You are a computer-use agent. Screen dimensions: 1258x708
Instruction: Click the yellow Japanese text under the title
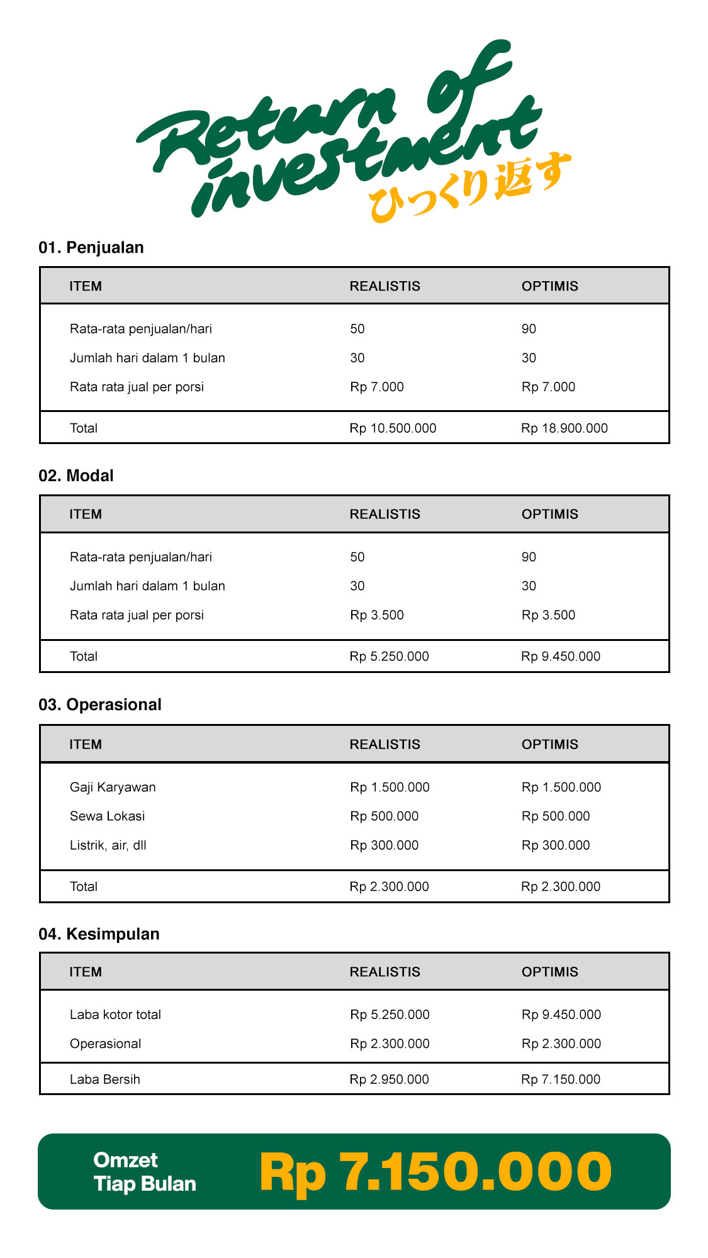469,189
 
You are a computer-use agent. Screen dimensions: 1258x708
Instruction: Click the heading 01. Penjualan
91,248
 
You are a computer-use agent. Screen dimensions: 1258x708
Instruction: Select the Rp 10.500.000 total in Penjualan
393,428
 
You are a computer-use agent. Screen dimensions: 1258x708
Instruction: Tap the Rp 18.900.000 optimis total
565,428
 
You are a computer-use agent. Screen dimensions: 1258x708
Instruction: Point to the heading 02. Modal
76,476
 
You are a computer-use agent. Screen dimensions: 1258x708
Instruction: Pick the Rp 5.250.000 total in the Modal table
389,657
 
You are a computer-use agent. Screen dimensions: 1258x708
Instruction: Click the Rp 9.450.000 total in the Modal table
561,657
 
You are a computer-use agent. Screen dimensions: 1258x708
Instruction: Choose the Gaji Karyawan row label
113,788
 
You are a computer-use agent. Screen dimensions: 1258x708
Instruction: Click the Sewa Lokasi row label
108,816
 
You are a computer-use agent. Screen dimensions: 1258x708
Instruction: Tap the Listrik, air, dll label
108,845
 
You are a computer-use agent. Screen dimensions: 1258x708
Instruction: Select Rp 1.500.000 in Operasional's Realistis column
390,788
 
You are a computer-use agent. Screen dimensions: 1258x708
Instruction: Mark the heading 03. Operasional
100,705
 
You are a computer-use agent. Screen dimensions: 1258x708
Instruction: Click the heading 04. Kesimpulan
99,934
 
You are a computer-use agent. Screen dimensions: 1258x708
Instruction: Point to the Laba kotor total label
115,1015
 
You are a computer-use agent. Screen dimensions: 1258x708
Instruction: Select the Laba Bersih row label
105,1079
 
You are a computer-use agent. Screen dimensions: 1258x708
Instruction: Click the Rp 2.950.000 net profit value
389,1079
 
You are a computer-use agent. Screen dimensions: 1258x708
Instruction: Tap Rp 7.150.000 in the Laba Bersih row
561,1079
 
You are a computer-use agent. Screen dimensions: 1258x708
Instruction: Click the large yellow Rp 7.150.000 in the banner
435,1172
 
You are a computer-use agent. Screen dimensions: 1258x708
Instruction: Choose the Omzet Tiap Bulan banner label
145,1172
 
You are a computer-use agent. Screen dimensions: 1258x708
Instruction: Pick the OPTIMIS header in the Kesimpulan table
549,972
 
